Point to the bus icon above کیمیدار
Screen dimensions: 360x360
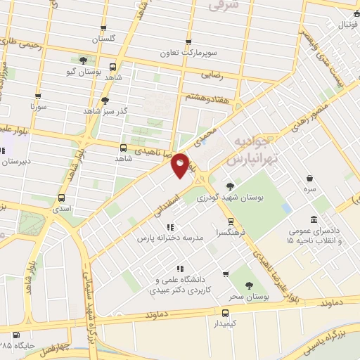click(225, 313)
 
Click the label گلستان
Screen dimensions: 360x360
click(108, 38)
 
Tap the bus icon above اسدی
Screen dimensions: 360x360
click(61, 198)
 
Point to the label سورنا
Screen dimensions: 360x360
click(37, 108)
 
